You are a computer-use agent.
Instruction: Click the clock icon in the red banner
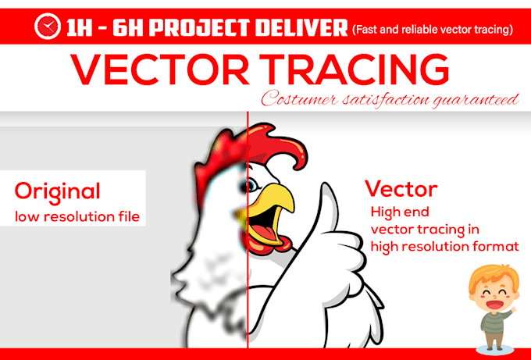coord(47,28)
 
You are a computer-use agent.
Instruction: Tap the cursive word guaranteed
coord(477,100)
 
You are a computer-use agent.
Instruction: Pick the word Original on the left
coord(57,191)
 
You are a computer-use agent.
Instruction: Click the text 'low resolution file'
coord(77,216)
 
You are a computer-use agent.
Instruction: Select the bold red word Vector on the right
coord(401,188)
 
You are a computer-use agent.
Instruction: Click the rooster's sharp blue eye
coord(253,186)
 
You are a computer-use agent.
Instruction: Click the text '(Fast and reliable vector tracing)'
coord(432,30)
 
